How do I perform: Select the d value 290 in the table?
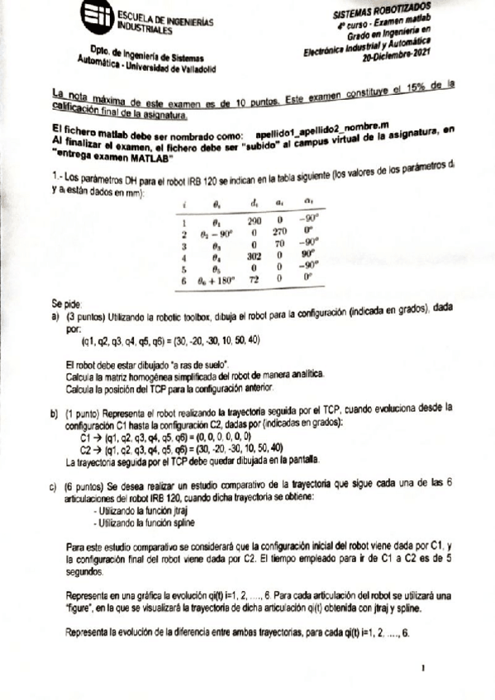tap(256, 221)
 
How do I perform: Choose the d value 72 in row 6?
tap(256, 281)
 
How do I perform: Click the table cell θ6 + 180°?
tap(218, 281)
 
